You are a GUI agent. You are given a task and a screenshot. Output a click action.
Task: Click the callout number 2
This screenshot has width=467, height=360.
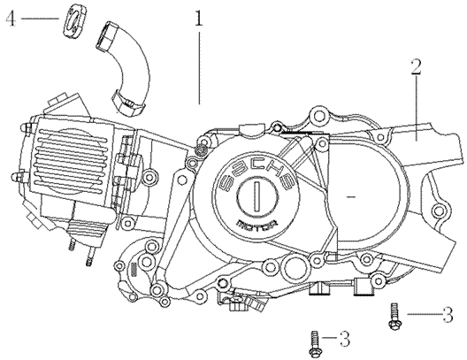416,66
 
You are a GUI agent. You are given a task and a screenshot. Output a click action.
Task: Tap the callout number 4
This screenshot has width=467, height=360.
11,19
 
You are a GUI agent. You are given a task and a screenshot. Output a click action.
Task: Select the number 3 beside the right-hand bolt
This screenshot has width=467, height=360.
448,314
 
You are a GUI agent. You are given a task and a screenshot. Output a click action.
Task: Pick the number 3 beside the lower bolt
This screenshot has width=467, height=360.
345,339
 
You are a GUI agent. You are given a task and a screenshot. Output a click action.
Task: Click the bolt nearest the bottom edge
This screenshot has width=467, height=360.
314,344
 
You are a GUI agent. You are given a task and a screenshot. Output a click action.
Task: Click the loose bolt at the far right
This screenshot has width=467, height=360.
395,317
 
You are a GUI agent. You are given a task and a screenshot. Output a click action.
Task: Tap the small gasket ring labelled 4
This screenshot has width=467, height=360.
74,21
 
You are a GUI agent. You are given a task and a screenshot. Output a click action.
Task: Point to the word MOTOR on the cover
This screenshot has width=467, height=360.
257,223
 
